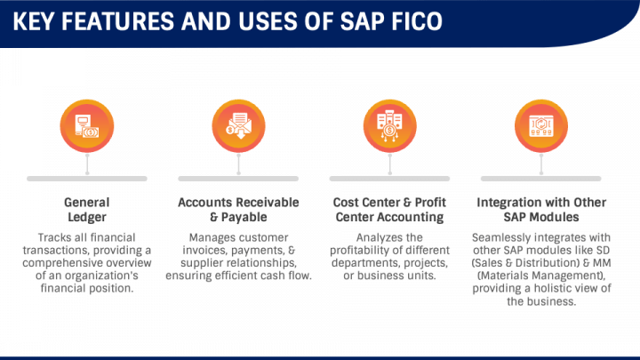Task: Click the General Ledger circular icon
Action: pyautogui.click(x=86, y=125)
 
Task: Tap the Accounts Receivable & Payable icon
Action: pyautogui.click(x=237, y=125)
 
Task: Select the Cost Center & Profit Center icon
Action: pyautogui.click(x=388, y=125)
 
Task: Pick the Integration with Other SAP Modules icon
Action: pyautogui.click(x=540, y=125)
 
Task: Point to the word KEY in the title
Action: pyautogui.click(x=40, y=20)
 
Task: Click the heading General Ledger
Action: pyautogui.click(x=86, y=209)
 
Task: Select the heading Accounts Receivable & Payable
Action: pyautogui.click(x=238, y=209)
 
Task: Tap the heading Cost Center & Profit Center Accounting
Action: pyautogui.click(x=389, y=209)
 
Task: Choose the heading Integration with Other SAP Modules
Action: pyautogui.click(x=540, y=209)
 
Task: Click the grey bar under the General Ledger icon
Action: pyautogui.click(x=86, y=179)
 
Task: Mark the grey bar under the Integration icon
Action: pyautogui.click(x=540, y=179)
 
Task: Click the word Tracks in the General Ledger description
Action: pyautogui.click(x=56, y=238)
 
